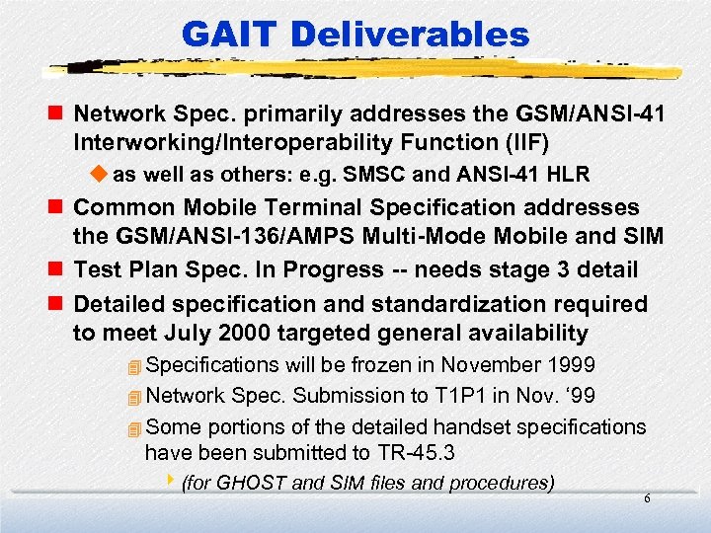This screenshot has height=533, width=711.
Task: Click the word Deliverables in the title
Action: pos(419,36)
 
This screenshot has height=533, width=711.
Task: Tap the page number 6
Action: pos(647,499)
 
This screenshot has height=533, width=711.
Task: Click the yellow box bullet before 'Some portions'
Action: pos(134,427)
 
